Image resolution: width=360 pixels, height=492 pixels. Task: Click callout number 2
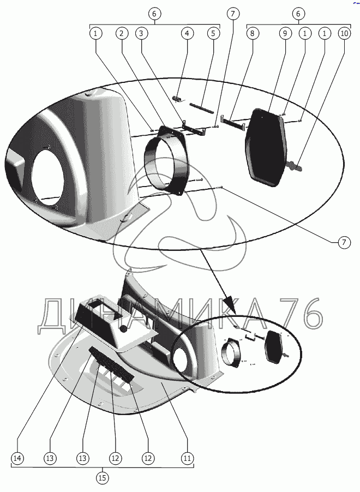[122, 33]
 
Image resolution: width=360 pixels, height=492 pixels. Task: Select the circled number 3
[141, 33]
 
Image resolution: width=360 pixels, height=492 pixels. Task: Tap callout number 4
[187, 33]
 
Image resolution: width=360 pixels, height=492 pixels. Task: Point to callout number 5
[213, 33]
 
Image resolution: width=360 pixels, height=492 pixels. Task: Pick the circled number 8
[253, 33]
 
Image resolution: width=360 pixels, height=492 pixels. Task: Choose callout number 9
[284, 33]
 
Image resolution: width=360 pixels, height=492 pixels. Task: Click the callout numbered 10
[344, 33]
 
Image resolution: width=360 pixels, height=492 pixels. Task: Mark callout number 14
[17, 459]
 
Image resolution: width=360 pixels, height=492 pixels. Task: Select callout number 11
[187, 459]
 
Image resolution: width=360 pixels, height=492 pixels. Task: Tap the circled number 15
[102, 478]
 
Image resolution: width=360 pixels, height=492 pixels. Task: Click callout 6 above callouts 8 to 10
[298, 13]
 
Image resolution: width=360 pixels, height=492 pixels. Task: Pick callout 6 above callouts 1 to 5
[155, 13]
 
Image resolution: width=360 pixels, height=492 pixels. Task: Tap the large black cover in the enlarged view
[267, 145]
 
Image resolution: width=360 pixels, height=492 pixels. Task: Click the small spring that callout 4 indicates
[176, 98]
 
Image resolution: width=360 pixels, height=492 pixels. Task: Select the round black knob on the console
[124, 329]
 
